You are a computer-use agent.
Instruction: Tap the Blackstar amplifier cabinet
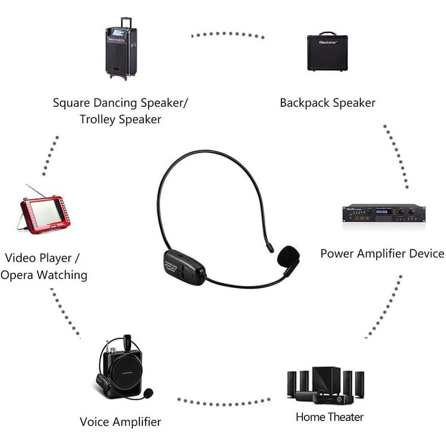[x=328, y=51]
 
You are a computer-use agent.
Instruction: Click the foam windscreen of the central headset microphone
[x=289, y=256]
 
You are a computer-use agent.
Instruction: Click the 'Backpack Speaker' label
[x=328, y=103]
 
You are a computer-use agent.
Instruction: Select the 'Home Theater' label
[x=329, y=417]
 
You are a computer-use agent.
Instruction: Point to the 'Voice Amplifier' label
[x=120, y=422]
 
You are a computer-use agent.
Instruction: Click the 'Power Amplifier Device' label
[x=382, y=254]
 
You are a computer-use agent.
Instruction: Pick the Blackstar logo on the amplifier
[x=328, y=42]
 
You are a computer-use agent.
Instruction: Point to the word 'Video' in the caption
[x=20, y=258]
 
